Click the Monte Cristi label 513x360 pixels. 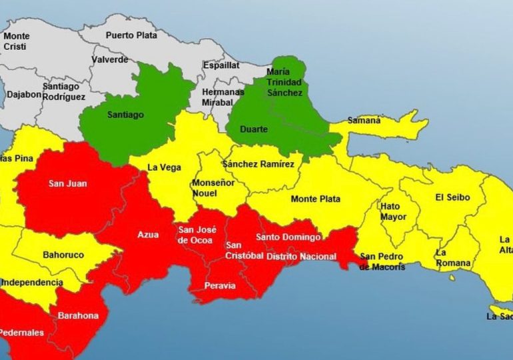click(17, 41)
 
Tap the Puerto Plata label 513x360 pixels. click(131, 35)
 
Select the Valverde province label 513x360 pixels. click(111, 59)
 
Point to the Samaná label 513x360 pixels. click(364, 121)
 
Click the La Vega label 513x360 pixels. click(161, 167)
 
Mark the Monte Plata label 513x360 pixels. click(315, 199)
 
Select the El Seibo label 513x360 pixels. click(452, 197)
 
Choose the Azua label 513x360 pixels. click(148, 234)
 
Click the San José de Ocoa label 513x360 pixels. click(197, 235)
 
